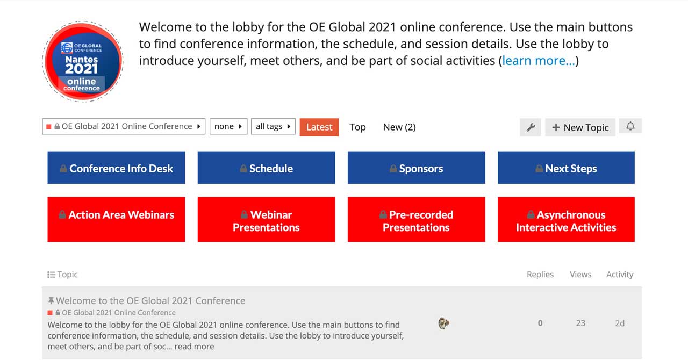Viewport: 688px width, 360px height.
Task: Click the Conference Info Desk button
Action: (116, 168)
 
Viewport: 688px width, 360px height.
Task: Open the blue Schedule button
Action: (266, 168)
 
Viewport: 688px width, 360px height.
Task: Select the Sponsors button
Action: (417, 168)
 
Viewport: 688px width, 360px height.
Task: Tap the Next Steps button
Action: (566, 168)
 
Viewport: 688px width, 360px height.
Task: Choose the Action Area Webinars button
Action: (116, 219)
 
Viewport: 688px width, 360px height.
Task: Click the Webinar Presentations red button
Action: (266, 219)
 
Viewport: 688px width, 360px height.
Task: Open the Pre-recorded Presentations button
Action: (417, 219)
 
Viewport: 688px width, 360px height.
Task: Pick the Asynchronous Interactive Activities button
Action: (566, 219)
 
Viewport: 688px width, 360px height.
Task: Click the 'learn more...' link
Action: (539, 61)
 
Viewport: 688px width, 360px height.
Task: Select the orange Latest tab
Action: (319, 127)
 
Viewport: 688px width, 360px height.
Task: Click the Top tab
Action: (357, 127)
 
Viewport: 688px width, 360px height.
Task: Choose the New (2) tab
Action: (399, 127)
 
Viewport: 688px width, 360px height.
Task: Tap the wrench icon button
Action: (531, 127)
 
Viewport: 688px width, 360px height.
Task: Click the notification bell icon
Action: (630, 126)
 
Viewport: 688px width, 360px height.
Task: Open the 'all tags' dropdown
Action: (273, 127)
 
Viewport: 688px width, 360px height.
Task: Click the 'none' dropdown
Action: (228, 127)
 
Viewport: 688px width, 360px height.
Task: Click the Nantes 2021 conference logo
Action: (83, 61)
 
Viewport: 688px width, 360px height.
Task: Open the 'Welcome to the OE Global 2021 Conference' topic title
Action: (150, 300)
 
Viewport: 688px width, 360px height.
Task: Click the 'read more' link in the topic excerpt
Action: (194, 347)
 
